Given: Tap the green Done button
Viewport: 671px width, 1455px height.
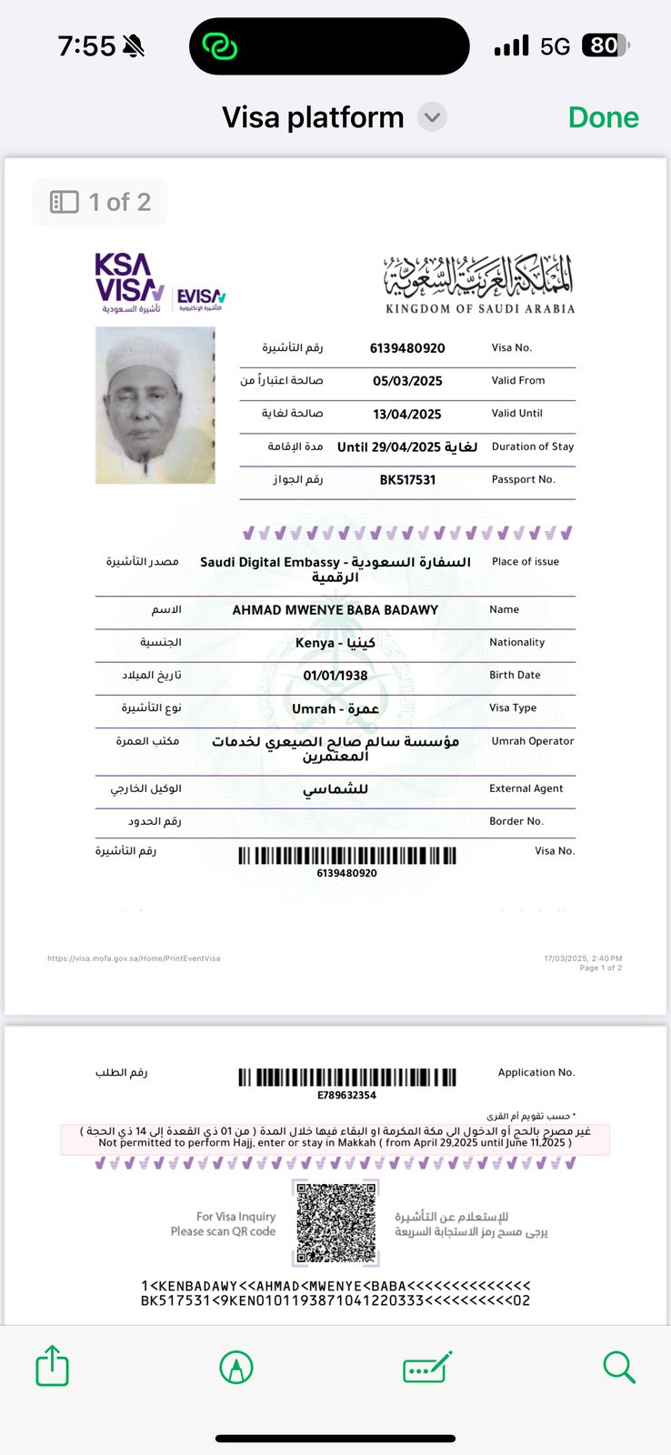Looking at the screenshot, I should pyautogui.click(x=603, y=117).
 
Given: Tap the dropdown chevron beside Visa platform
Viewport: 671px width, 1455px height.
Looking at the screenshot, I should pyautogui.click(x=432, y=117).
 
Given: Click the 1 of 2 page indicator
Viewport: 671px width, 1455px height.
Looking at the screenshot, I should pyautogui.click(x=100, y=202).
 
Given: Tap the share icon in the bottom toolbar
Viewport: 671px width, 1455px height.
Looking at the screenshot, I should pyautogui.click(x=52, y=1366).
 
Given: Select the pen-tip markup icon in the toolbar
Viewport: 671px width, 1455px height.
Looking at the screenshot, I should pyautogui.click(x=236, y=1367).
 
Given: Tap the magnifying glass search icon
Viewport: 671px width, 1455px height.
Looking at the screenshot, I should pyautogui.click(x=618, y=1366).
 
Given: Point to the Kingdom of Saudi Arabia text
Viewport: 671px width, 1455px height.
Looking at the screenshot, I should pyautogui.click(x=480, y=308).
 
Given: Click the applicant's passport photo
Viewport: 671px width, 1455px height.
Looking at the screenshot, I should pyautogui.click(x=155, y=405).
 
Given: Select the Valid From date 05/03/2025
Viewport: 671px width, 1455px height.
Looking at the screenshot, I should pyautogui.click(x=407, y=381).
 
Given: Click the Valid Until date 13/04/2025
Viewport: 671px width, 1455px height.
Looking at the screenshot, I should pyautogui.click(x=407, y=414).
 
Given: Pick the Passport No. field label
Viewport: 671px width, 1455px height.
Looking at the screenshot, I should pyautogui.click(x=523, y=479).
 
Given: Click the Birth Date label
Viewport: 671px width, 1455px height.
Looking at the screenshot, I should pyautogui.click(x=515, y=675).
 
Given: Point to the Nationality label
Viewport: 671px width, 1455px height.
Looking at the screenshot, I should pyautogui.click(x=516, y=642).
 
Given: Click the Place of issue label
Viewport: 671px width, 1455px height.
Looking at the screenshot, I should pyautogui.click(x=526, y=561).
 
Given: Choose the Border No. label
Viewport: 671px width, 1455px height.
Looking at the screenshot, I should pyautogui.click(x=516, y=821).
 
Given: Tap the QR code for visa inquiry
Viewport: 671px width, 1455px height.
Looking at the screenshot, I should pyautogui.click(x=335, y=1222).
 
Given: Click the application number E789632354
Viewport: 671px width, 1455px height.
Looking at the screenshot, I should pyautogui.click(x=346, y=1095).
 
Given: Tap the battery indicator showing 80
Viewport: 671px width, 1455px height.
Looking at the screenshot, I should pyautogui.click(x=606, y=45).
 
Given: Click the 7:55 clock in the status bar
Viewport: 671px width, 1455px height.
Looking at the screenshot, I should pyautogui.click(x=86, y=45).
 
